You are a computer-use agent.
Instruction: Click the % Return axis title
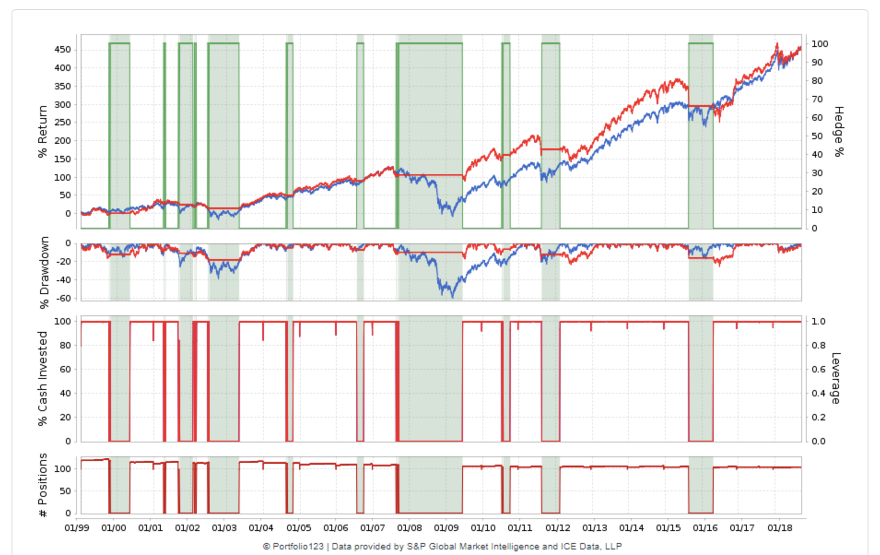tap(42, 131)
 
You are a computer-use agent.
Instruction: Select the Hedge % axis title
tap(839, 131)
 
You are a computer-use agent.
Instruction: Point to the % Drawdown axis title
tap(44, 272)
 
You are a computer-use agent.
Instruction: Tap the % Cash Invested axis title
tap(42, 378)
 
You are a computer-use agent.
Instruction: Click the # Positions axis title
tap(42, 485)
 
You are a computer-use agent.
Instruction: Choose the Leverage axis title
tap(836, 378)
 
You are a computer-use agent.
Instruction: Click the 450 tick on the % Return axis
tap(63, 50)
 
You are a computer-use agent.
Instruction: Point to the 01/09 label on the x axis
tap(446, 528)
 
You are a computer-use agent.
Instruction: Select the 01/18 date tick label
tap(780, 528)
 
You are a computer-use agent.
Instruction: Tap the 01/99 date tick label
tap(76, 528)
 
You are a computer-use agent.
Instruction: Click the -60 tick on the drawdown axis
tap(64, 298)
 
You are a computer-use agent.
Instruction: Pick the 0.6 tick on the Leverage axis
tap(818, 369)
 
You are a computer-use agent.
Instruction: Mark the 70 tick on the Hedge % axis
tap(817, 99)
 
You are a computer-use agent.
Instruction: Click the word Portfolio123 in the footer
tap(298, 547)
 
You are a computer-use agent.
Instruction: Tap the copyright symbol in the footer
tap(266, 547)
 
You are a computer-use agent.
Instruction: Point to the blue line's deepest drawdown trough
tap(452, 297)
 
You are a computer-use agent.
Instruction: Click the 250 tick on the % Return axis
tap(63, 122)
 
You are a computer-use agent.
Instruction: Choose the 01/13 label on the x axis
tap(594, 528)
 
